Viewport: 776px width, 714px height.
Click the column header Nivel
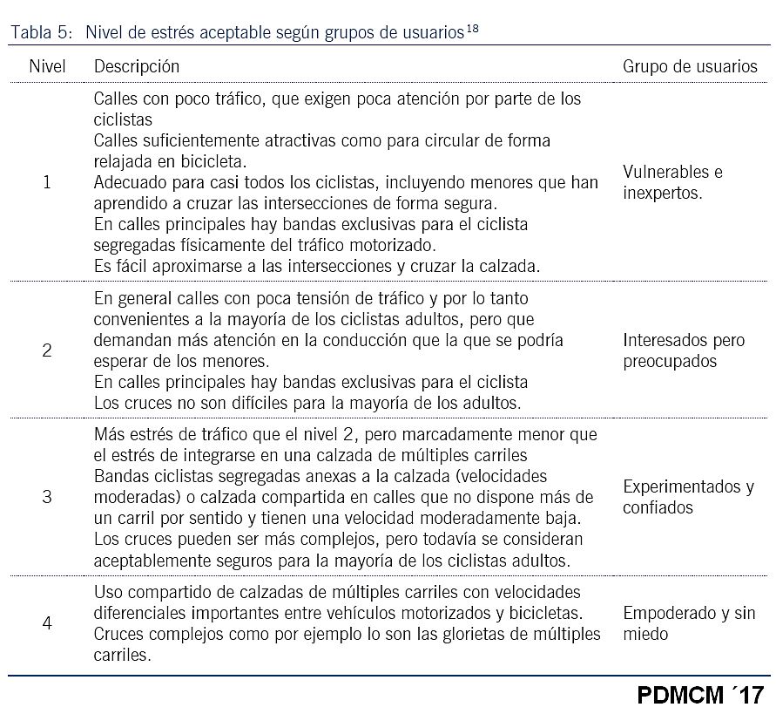pyautogui.click(x=47, y=66)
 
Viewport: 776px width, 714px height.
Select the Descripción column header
pyautogui.click(x=137, y=66)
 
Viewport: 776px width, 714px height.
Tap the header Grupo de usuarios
pyautogui.click(x=690, y=66)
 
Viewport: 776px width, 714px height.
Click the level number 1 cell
pyautogui.click(x=47, y=182)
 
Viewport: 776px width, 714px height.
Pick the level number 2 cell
pyautogui.click(x=47, y=350)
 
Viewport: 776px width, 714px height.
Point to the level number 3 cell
pyautogui.click(x=47, y=497)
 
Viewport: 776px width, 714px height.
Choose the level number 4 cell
pyautogui.click(x=47, y=623)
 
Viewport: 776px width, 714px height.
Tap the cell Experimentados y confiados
pyautogui.click(x=688, y=497)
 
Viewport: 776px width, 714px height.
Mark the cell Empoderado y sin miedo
pyautogui.click(x=689, y=623)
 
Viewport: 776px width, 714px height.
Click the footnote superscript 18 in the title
pyautogui.click(x=471, y=29)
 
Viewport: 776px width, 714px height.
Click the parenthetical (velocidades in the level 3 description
pyautogui.click(x=496, y=477)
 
